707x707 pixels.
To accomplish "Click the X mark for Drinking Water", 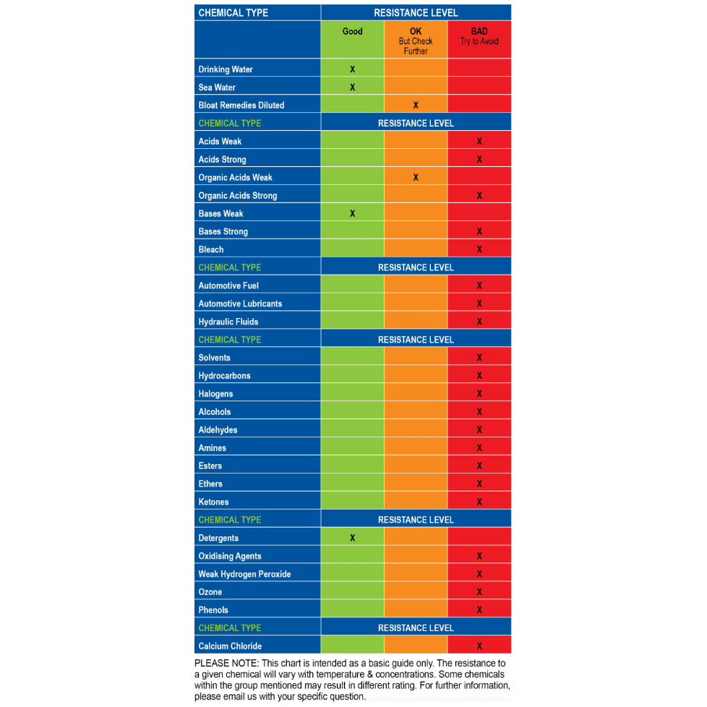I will point(352,69).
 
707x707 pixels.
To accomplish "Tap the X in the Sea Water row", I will point(352,87).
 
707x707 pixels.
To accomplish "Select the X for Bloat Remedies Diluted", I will point(416,106).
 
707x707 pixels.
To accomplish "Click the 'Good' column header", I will point(352,32).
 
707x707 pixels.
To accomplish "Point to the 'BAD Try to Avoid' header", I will point(479,37).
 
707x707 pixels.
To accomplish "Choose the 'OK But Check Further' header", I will point(416,41).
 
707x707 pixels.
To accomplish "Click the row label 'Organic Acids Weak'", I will point(235,178).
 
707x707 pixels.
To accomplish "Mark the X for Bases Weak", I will point(352,214).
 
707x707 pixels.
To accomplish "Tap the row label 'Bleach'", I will point(211,249).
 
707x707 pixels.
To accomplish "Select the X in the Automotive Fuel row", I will point(479,286).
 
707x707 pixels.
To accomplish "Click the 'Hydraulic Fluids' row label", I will point(228,322).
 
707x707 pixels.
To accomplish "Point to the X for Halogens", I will point(479,394).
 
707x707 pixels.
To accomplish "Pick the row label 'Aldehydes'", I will point(218,430).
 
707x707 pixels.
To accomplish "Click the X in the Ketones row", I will point(479,502).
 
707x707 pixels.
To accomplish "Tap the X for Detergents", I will point(352,538).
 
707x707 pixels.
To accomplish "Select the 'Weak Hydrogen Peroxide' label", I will point(244,574).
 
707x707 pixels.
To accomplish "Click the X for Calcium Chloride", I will point(479,646).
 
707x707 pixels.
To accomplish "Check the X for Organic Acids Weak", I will point(416,178).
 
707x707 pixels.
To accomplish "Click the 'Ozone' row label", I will point(210,592).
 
